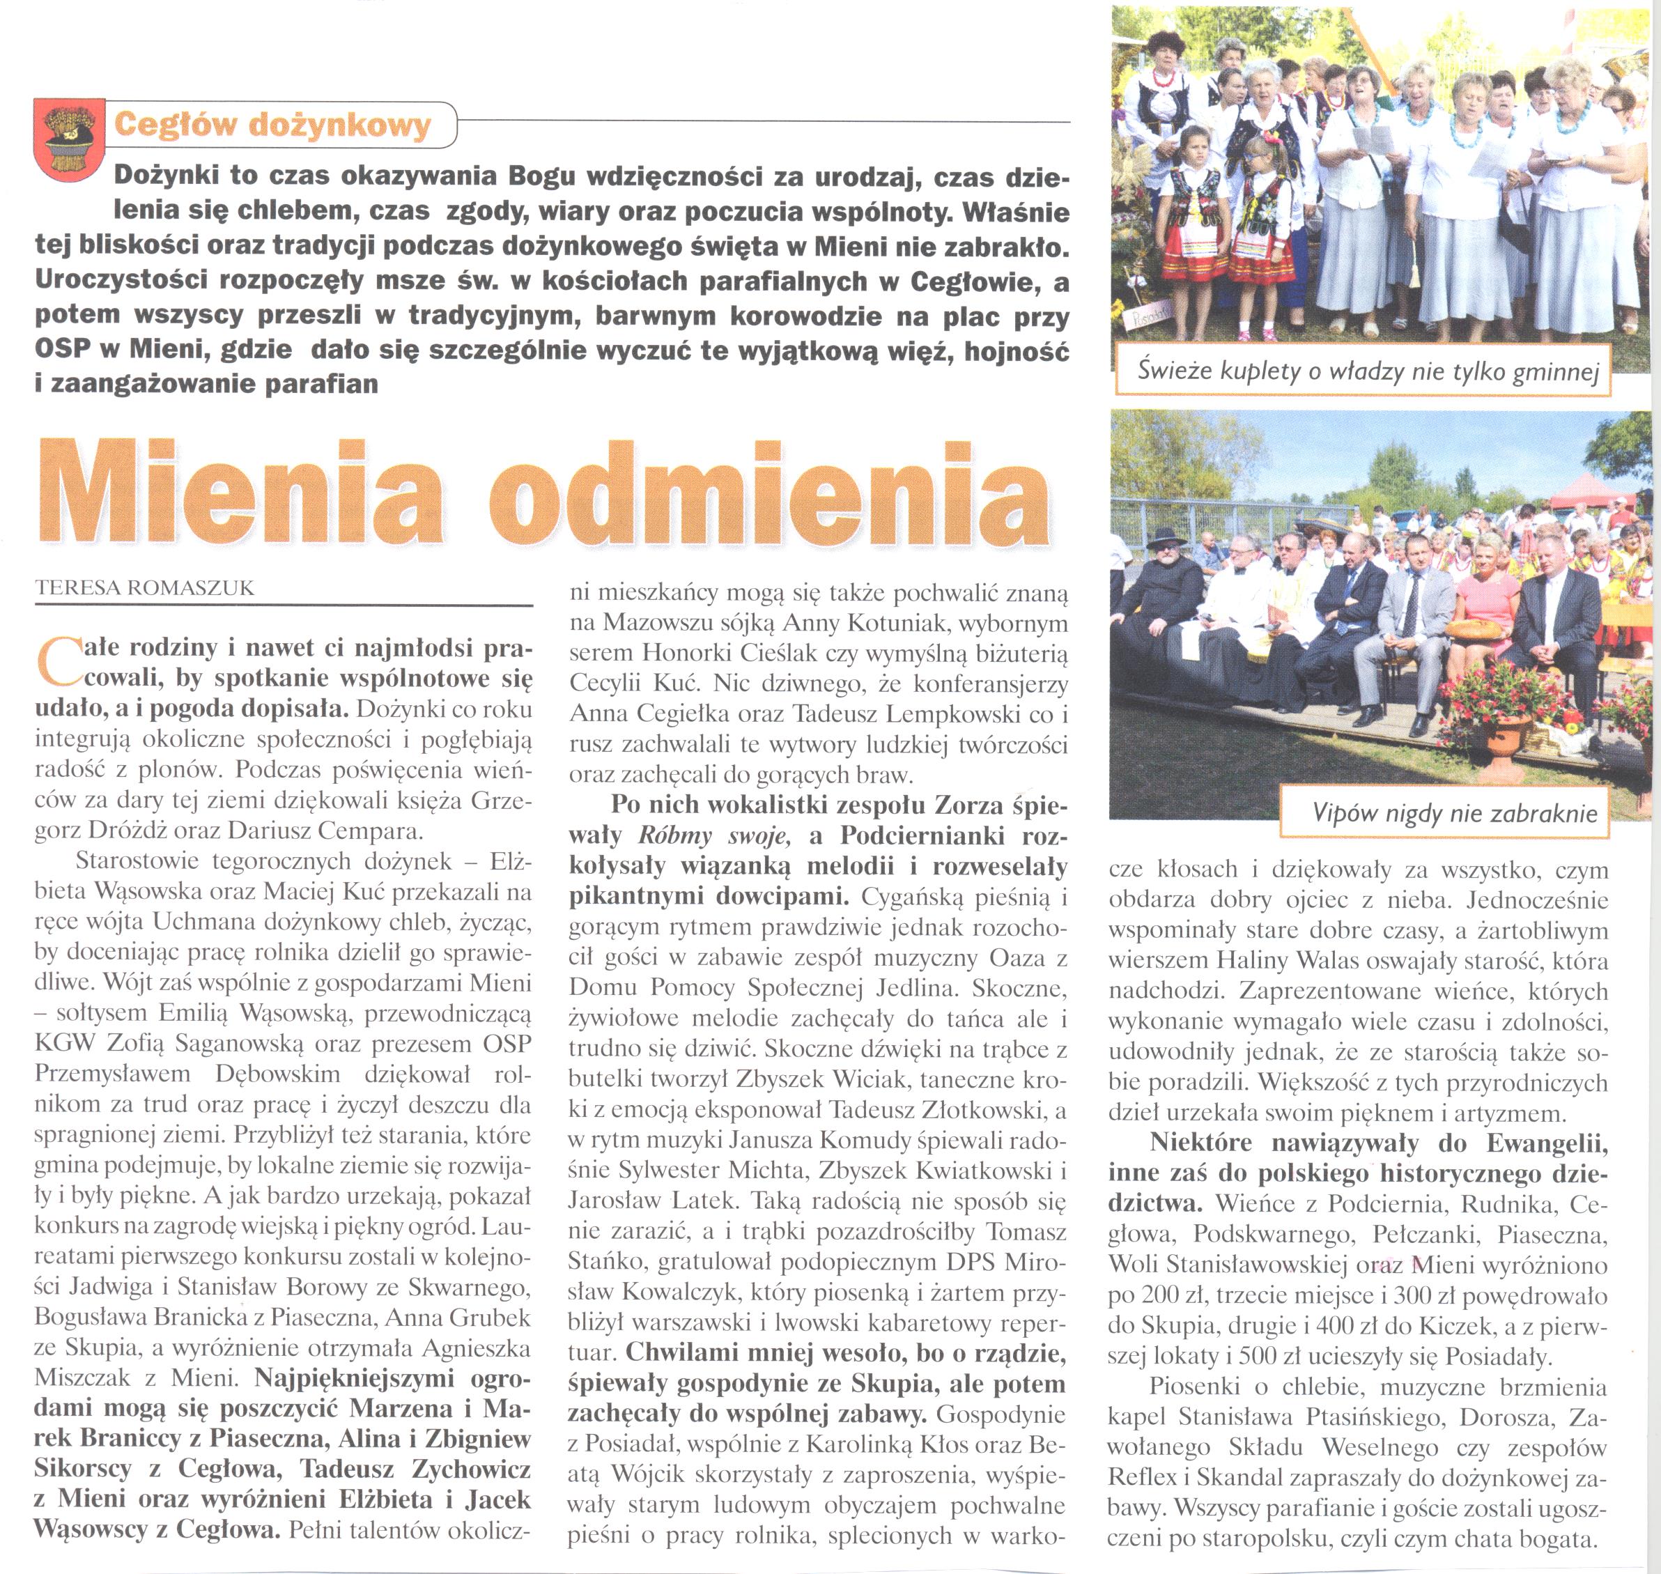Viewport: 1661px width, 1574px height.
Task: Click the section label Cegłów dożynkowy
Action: click(272, 125)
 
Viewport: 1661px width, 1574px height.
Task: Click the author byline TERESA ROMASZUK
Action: click(144, 588)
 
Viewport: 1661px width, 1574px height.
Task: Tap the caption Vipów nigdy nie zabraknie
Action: click(1455, 812)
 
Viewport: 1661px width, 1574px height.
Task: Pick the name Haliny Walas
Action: click(1312, 961)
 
